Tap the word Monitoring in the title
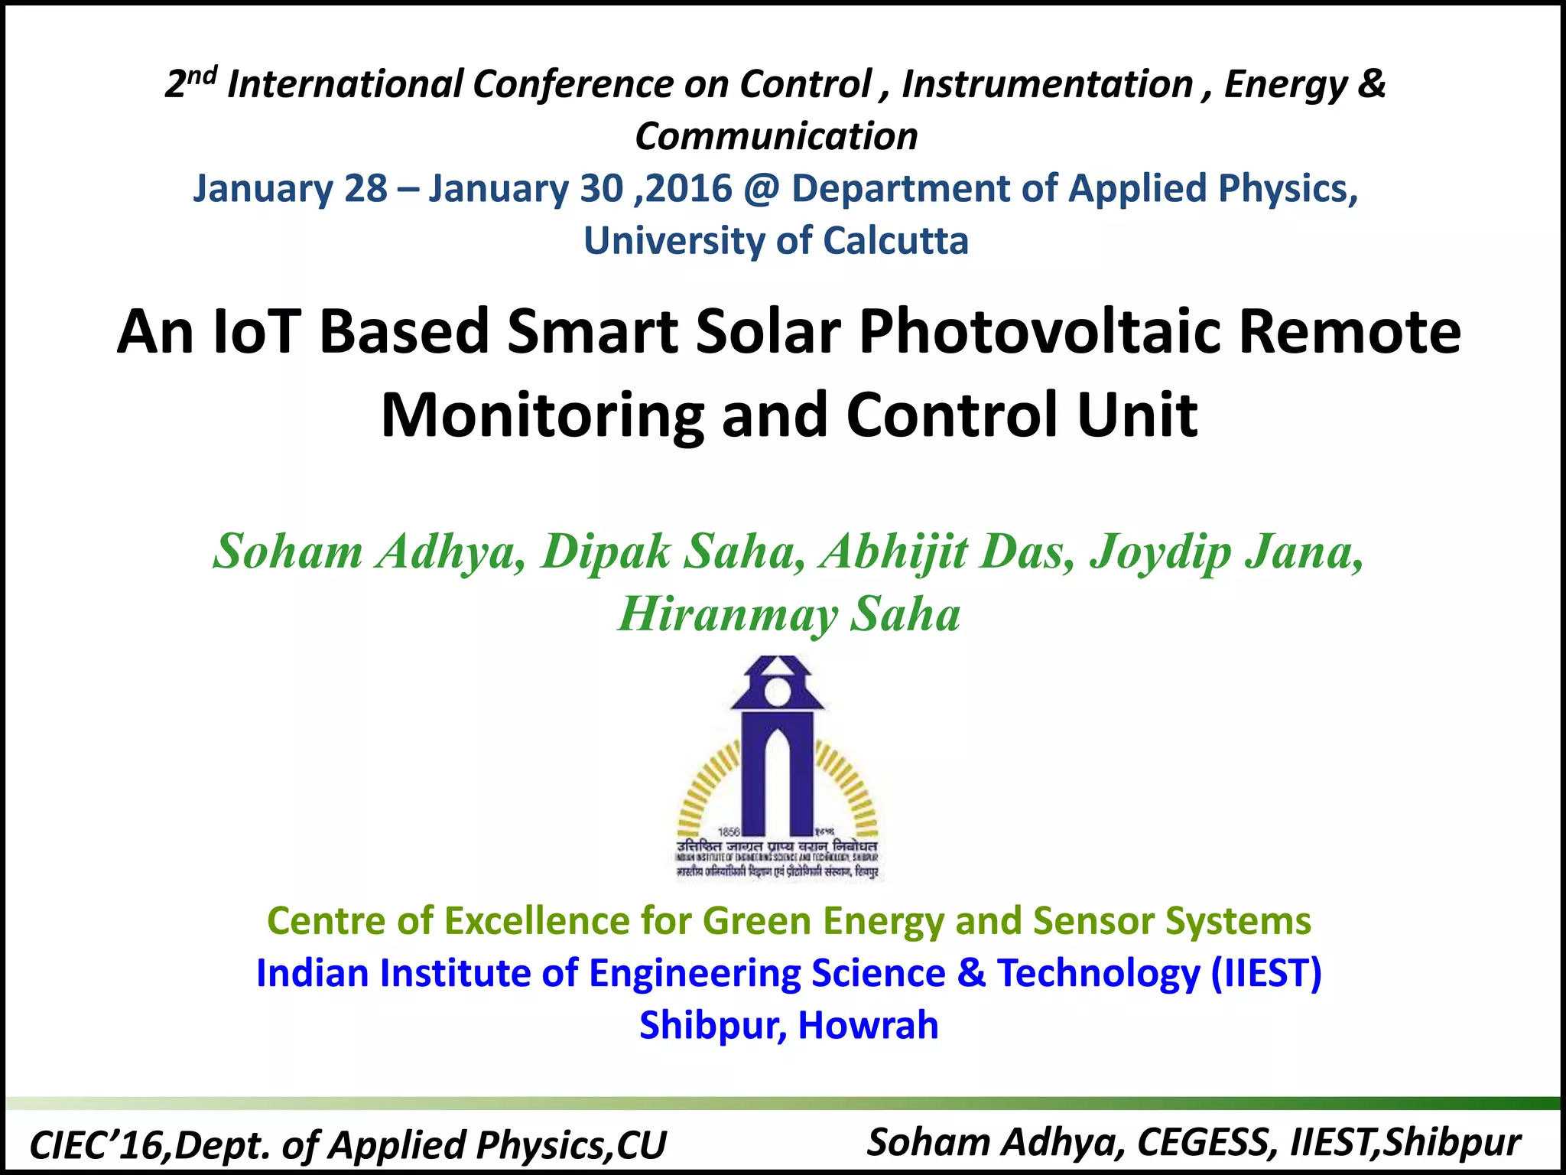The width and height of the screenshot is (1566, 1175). (541, 416)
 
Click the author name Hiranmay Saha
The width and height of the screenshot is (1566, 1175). (789, 615)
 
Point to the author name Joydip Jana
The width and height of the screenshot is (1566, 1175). (1226, 552)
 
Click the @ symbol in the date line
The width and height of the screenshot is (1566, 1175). (762, 189)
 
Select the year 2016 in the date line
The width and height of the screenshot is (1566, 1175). (689, 189)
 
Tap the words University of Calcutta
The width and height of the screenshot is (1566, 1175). (776, 241)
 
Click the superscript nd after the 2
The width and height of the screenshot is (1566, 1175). (205, 75)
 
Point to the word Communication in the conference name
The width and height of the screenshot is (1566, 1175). (776, 137)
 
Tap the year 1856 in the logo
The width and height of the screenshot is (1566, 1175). (727, 832)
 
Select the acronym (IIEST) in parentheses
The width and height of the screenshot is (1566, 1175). (1266, 973)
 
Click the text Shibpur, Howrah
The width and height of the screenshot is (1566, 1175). (788, 1025)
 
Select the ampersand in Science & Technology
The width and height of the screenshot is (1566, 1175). (971, 973)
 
